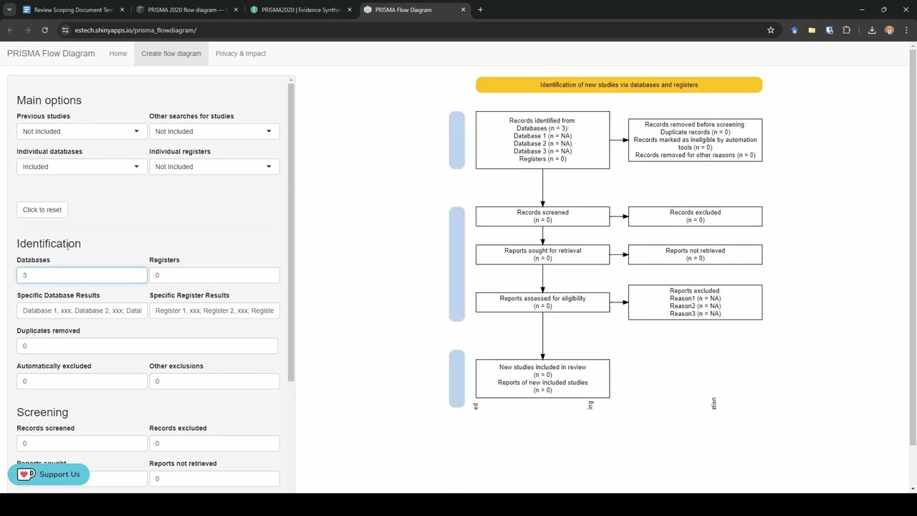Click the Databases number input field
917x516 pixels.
coord(82,275)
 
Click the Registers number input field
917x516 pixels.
coord(213,275)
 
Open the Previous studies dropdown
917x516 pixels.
coord(81,131)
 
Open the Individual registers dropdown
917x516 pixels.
coord(213,166)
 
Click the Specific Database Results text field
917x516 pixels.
coord(82,310)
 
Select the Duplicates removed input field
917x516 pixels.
coord(147,345)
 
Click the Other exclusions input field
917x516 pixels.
coord(213,381)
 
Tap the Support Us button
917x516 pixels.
coord(49,474)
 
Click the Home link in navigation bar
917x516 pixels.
coord(118,53)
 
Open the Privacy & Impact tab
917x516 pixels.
coord(241,53)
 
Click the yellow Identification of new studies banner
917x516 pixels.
coord(618,85)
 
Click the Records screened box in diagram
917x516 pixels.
coord(542,216)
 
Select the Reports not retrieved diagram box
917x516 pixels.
coord(695,254)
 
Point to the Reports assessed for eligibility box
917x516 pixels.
coord(542,302)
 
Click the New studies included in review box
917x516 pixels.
coord(542,378)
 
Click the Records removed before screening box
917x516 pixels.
coord(695,140)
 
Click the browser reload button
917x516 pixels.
coord(44,30)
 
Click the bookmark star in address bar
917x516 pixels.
coord(771,30)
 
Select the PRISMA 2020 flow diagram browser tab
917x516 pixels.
coord(186,10)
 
